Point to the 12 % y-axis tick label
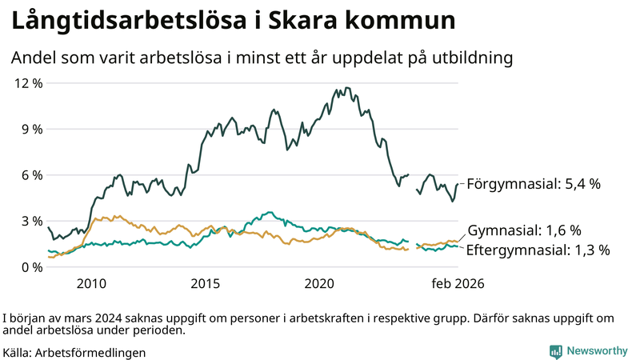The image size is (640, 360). coord(26,83)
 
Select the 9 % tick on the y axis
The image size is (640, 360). coord(30,129)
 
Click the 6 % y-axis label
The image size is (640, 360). coord(30,175)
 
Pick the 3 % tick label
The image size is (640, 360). coord(30,221)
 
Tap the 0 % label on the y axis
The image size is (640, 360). coord(30,267)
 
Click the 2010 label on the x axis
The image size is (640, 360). coord(91,283)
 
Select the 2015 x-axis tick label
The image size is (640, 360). coord(206,283)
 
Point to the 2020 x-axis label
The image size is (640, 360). coord(320,283)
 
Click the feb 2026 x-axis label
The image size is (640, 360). coord(458,283)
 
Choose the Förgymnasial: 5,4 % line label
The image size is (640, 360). coord(533,184)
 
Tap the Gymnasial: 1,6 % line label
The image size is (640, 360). coord(524,230)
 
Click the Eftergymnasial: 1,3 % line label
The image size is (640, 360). coord(538,250)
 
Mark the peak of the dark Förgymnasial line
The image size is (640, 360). coord(346,88)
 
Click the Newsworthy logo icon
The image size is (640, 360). coord(555,351)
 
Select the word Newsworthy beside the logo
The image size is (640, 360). coord(597,351)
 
